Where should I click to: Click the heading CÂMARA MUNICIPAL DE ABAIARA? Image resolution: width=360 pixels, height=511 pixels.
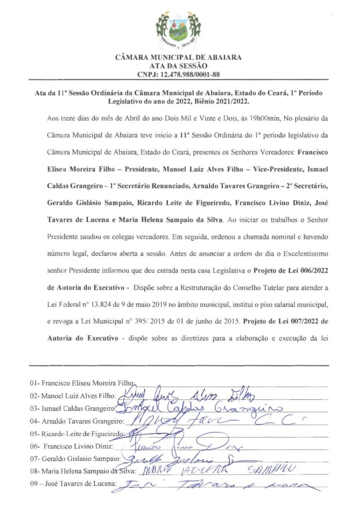178,57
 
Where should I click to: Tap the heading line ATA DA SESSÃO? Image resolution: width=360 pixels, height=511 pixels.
178,66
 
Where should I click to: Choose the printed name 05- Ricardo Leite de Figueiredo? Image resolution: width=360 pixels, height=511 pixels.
80,433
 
